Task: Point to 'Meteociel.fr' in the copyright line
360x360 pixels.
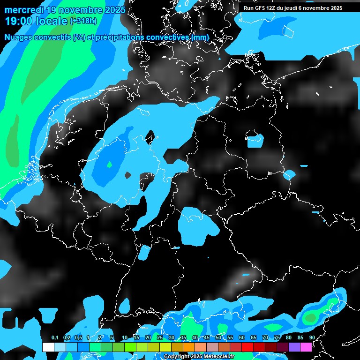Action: coord(215,357)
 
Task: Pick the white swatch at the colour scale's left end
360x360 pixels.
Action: coord(48,347)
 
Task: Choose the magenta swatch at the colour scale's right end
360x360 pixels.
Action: coord(306,347)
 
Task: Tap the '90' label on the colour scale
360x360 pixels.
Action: coord(312,337)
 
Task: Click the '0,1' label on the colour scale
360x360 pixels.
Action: coord(54,337)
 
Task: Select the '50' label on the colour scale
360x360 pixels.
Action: coord(218,337)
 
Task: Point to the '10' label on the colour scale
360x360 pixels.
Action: coord(124,337)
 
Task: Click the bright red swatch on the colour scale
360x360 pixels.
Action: coord(247,347)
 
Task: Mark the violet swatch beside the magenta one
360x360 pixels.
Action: coord(294,347)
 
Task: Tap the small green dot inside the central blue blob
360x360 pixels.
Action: coord(109,165)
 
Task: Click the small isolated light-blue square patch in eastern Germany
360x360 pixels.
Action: coord(255,140)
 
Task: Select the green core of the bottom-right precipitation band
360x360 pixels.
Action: coord(310,318)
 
